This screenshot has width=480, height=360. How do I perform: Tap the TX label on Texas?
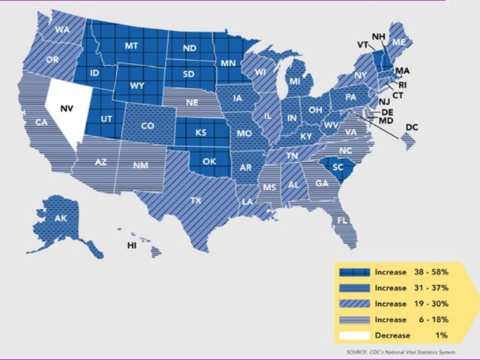(196, 201)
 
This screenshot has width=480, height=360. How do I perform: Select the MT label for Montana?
(131, 46)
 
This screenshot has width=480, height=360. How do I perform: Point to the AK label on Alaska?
(59, 219)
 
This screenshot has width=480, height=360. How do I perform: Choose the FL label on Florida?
(340, 220)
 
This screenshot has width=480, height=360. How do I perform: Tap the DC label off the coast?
(412, 128)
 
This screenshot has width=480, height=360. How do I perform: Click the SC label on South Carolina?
(337, 167)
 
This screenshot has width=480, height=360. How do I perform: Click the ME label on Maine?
(399, 41)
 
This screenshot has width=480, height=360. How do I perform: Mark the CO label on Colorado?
(148, 126)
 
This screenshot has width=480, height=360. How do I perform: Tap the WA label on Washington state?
(61, 31)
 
